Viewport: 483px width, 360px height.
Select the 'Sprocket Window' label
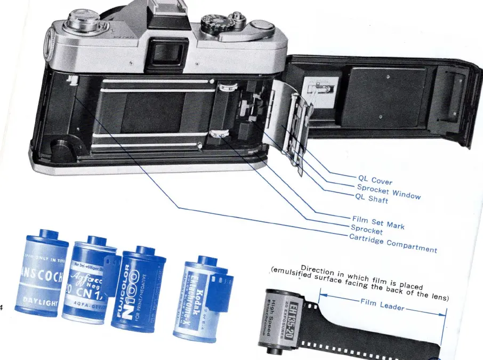click(389, 190)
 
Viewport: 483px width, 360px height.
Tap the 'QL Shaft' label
click(372, 199)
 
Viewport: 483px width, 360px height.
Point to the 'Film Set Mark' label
click(378, 222)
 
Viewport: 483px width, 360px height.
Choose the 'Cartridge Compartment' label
click(393, 243)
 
